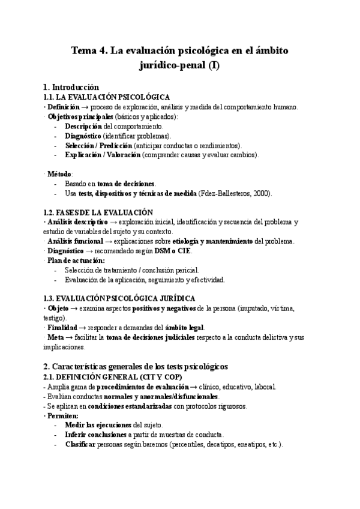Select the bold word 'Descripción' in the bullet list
pos(83,126)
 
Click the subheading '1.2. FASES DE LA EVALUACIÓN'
pos(98,212)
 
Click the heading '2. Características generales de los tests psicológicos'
pos(142,366)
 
